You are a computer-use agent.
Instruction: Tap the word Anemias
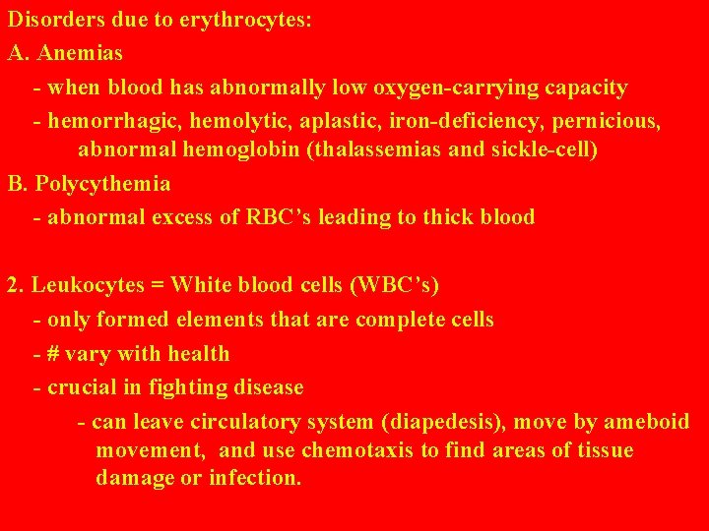pyautogui.click(x=80, y=53)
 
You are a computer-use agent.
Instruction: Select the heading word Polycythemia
pyautogui.click(x=102, y=184)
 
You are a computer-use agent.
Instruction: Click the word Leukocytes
pyautogui.click(x=87, y=285)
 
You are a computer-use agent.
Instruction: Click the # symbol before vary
pyautogui.click(x=54, y=353)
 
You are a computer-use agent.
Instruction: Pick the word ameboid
pyautogui.click(x=646, y=422)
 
